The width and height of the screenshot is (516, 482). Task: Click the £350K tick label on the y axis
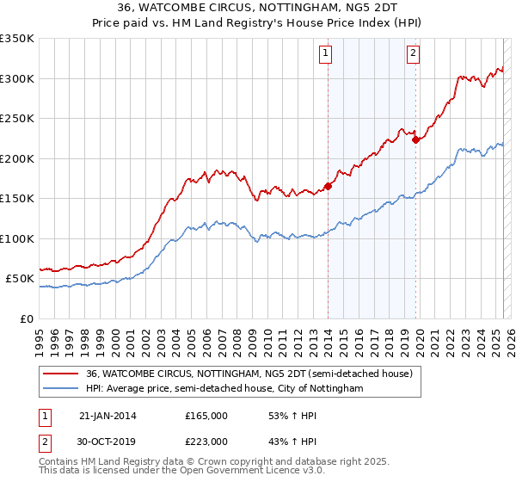coord(16,39)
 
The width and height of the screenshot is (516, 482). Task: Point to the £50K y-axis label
coord(20,279)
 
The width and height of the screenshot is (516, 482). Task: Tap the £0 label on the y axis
coord(27,318)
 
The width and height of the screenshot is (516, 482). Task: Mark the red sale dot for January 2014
coord(329,186)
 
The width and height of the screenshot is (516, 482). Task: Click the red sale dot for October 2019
coord(415,139)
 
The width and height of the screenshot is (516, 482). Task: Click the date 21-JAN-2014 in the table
coord(107,416)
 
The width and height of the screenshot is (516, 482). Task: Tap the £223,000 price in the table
coord(206,440)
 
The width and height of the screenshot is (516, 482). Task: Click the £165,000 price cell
coord(206,416)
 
